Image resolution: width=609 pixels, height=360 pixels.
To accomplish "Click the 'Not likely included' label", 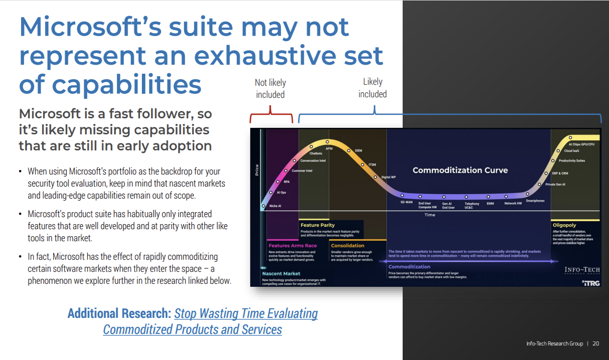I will pos(270,89).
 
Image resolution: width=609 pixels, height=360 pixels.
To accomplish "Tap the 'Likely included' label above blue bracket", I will pos(372,88).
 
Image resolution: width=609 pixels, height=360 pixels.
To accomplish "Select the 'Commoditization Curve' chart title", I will pos(460,170).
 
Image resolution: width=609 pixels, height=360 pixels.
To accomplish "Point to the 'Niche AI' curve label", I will pos(275,206).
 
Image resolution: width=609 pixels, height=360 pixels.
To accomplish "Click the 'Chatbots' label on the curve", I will pos(316,153).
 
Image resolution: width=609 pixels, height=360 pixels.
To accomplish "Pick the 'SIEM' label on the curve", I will pos(358,150).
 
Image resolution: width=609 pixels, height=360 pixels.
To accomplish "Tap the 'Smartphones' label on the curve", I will pos(535,201).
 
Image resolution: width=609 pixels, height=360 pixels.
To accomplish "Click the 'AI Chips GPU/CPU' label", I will pos(581,144).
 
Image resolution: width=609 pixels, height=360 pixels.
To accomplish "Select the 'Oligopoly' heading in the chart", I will pos(564,225).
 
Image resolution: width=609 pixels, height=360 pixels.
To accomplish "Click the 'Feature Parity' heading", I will pos(318,225).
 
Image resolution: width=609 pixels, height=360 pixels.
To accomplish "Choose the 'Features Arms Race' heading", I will pos(292,246).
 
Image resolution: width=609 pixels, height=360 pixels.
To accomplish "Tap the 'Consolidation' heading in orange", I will pos(347,246).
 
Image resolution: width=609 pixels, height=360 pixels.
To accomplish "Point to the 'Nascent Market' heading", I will pos(281,273).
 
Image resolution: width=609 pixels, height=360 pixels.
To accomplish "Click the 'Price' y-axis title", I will pos(257,170).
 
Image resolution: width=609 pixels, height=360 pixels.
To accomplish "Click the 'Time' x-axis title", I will pos(430,215).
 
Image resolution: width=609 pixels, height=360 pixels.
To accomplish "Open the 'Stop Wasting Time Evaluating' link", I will pos(246,314).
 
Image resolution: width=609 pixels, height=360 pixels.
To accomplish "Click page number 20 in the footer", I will pos(595,343).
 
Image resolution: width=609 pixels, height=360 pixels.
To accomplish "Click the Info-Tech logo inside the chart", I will pos(582,271).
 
